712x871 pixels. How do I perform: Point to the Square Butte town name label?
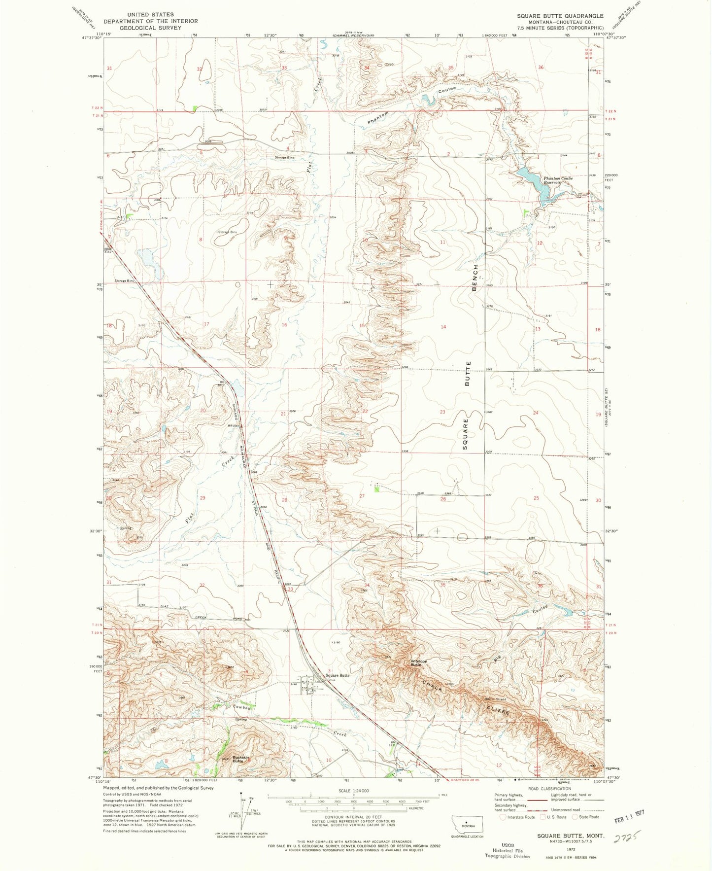338,675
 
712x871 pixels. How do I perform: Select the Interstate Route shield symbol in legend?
503,817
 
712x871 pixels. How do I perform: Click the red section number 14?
443,327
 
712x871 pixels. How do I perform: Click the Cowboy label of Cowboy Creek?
242,708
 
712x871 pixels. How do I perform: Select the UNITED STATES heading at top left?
150,15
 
